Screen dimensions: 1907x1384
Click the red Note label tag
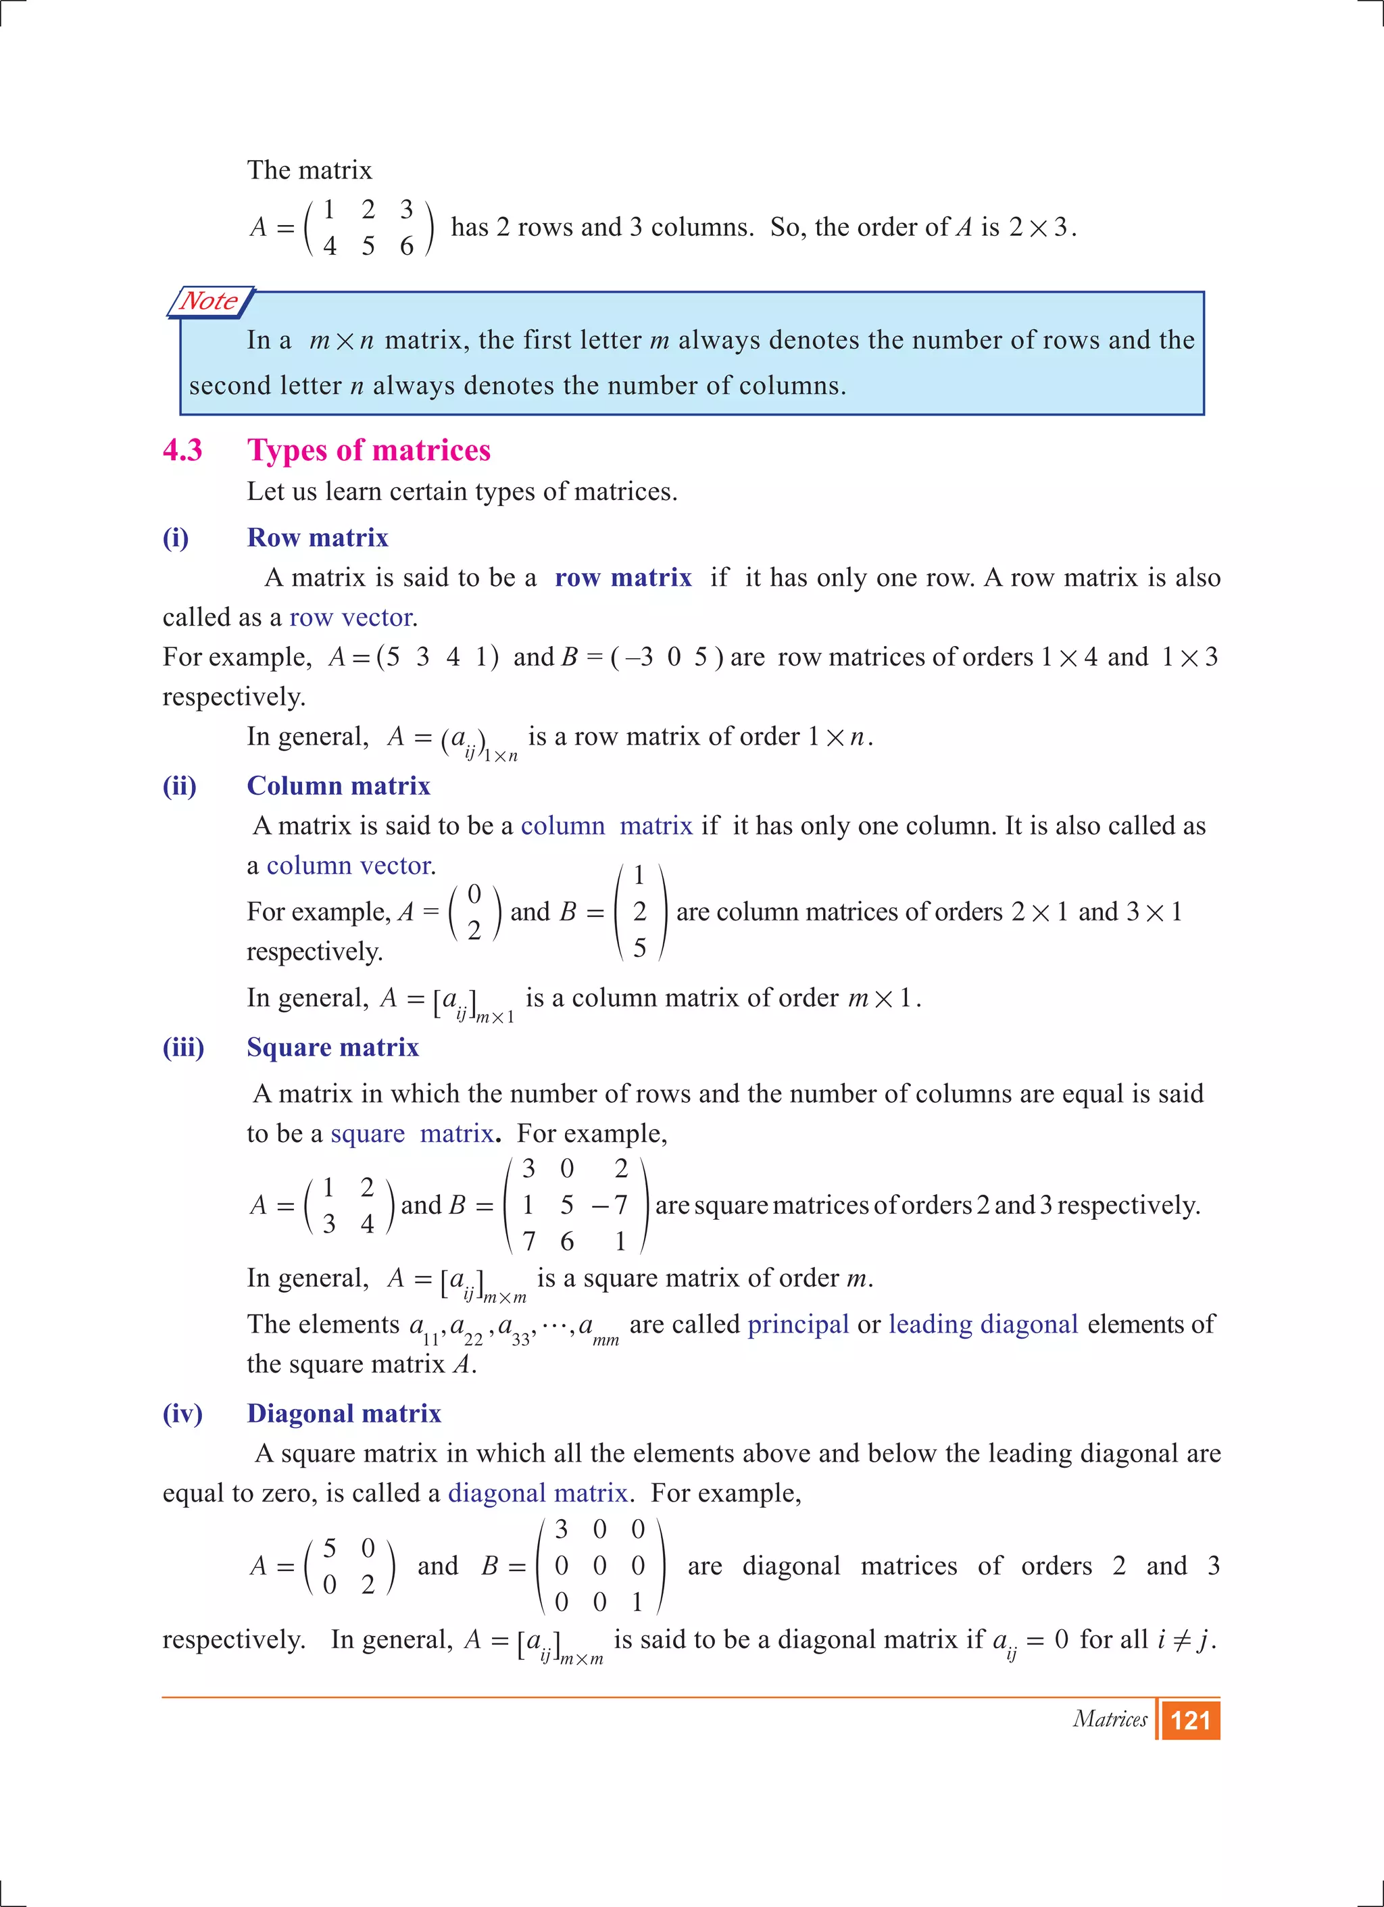click(210, 301)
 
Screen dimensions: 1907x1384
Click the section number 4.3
click(182, 451)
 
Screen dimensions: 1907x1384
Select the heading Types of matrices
click(368, 451)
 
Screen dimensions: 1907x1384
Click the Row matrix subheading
click(317, 538)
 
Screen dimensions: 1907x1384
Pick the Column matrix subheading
click(338, 786)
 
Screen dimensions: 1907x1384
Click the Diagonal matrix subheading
click(343, 1414)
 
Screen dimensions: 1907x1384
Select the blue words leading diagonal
click(983, 1324)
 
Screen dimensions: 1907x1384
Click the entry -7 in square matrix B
click(610, 1205)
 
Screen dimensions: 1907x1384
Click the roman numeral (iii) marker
click(183, 1047)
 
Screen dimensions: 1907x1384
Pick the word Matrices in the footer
click(1109, 1720)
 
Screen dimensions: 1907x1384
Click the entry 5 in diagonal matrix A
click(330, 1548)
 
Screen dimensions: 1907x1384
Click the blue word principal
click(797, 1324)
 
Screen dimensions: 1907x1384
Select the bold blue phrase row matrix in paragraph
click(622, 578)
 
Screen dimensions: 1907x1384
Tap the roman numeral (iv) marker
click(182, 1414)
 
